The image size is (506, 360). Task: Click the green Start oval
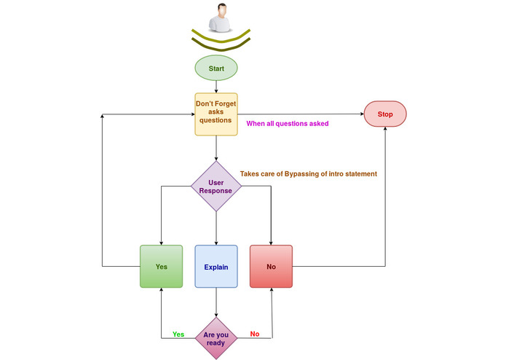[216, 68]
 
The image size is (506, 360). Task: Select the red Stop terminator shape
[385, 114]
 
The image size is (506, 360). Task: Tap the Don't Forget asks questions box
[216, 114]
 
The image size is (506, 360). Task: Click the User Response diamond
[216, 187]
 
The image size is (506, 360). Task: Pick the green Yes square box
[162, 267]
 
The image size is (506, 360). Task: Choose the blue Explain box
[216, 267]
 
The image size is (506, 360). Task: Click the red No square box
[271, 267]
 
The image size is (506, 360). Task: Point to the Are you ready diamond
[216, 338]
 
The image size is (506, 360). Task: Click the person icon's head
[222, 10]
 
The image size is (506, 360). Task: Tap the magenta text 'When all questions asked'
[288, 124]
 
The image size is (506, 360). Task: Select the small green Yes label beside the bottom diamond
[178, 334]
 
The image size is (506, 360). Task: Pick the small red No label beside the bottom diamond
[255, 334]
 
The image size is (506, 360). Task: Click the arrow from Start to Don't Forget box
[216, 87]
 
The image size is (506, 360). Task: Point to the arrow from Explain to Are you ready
[216, 302]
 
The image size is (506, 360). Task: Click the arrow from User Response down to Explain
[216, 228]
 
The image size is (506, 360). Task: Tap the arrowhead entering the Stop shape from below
[385, 128]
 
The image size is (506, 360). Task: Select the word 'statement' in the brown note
[361, 174]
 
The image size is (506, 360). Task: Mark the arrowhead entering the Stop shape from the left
[362, 114]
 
